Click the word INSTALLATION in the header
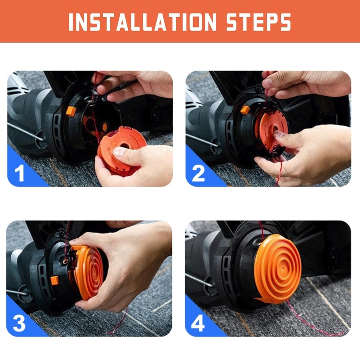[142, 22]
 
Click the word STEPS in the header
[259, 22]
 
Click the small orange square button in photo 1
[71, 111]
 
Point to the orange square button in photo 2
[245, 110]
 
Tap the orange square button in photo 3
[54, 280]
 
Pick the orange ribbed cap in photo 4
[277, 269]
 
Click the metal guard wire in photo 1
[26, 132]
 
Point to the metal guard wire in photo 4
[199, 280]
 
